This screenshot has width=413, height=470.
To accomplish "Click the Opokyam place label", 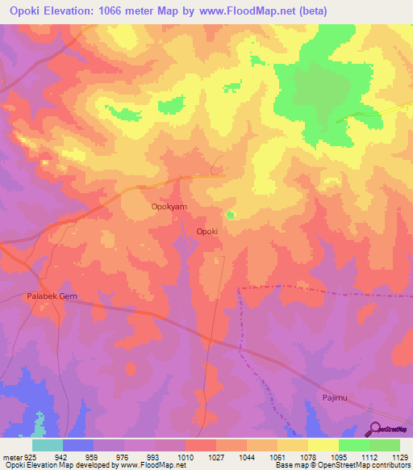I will coord(169,207).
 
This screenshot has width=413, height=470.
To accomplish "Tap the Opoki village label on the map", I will coord(207,231).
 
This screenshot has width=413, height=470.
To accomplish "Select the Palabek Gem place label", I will coord(51,296).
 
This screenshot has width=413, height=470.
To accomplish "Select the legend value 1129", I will coord(398,457).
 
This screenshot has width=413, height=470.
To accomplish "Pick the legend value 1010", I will coord(185,457).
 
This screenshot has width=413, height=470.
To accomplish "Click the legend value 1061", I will coord(276,457).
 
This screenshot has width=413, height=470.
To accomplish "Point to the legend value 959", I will coord(93,457).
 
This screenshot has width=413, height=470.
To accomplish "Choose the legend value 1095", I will coord(337,457).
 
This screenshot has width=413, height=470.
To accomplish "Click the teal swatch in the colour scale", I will coord(48,445).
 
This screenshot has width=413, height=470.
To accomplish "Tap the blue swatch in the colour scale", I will coord(78,445).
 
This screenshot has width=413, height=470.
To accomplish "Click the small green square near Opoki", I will coord(232,215).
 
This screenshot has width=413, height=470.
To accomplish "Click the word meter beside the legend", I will coord(10,457).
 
